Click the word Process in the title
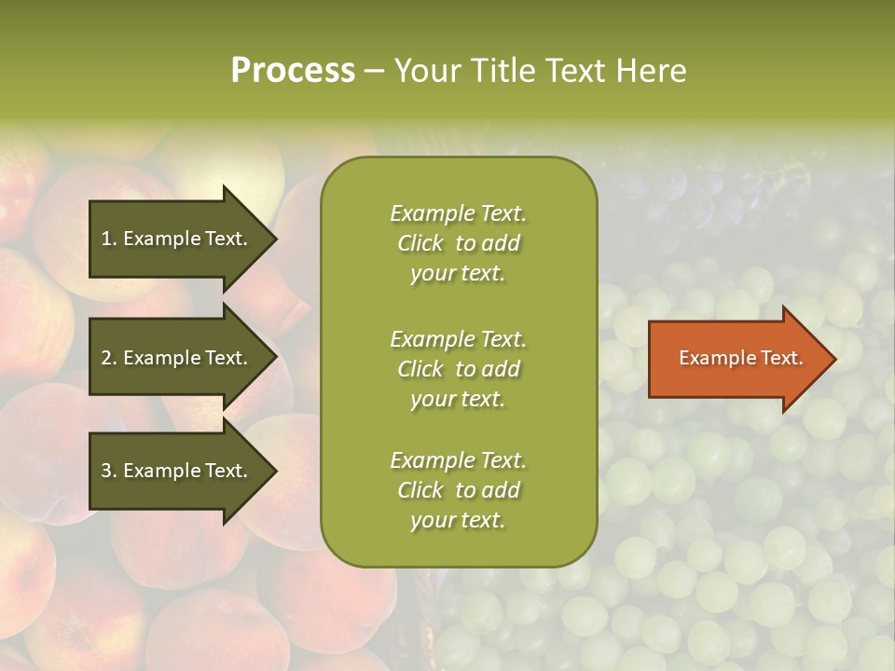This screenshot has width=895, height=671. [x=293, y=71]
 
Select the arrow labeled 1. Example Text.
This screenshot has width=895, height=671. [x=177, y=239]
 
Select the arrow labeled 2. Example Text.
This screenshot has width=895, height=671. [x=177, y=358]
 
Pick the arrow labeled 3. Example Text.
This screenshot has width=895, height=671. [x=177, y=471]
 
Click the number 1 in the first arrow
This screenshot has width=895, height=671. [x=105, y=239]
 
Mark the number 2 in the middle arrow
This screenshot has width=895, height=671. [x=106, y=358]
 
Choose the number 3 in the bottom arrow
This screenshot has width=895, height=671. [x=106, y=471]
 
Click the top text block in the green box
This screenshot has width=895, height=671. [x=458, y=243]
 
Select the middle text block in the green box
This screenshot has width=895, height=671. [x=458, y=368]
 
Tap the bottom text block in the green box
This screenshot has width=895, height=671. [x=458, y=490]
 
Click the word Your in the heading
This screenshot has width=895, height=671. [x=424, y=71]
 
